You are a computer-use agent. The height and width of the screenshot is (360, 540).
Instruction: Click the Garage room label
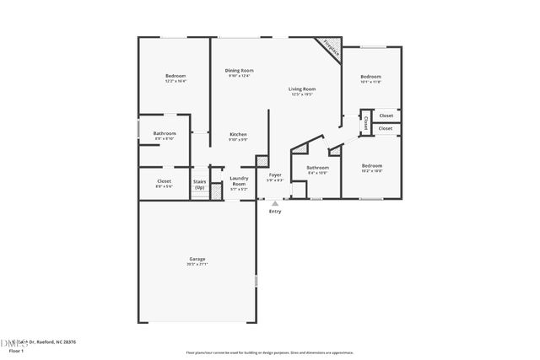click(x=197, y=259)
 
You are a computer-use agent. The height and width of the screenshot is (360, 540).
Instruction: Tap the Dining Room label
click(x=239, y=70)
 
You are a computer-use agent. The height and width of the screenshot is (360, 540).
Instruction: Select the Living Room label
click(x=302, y=89)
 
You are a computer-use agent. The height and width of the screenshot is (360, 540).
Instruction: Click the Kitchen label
click(x=239, y=134)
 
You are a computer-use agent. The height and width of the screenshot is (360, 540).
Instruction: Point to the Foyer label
click(x=274, y=175)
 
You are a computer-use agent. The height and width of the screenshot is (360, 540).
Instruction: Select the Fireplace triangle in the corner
click(x=330, y=50)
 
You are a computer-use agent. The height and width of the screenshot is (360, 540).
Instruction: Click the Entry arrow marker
click(x=274, y=203)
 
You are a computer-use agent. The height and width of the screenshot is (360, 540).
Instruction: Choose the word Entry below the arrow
click(x=275, y=211)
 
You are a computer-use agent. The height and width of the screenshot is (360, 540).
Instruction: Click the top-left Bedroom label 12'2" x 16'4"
click(x=175, y=77)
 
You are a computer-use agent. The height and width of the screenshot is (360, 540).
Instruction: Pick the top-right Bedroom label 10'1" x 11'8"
click(x=371, y=77)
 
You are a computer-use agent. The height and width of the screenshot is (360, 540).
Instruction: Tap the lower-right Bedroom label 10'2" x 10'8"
click(x=372, y=165)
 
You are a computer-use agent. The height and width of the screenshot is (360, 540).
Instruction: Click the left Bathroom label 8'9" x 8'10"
click(x=165, y=133)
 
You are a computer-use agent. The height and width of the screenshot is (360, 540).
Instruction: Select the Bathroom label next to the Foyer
click(x=317, y=168)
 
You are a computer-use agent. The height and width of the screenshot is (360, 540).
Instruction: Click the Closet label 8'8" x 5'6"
click(x=165, y=181)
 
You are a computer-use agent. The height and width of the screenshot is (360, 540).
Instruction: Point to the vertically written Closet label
click(x=366, y=123)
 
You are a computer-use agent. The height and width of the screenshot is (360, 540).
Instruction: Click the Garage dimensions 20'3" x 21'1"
click(x=197, y=265)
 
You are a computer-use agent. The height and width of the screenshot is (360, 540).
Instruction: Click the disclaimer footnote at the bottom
click(x=270, y=352)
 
